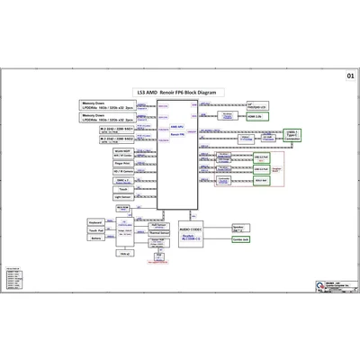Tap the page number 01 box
tap(349, 76)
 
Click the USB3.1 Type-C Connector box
tap(292, 136)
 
